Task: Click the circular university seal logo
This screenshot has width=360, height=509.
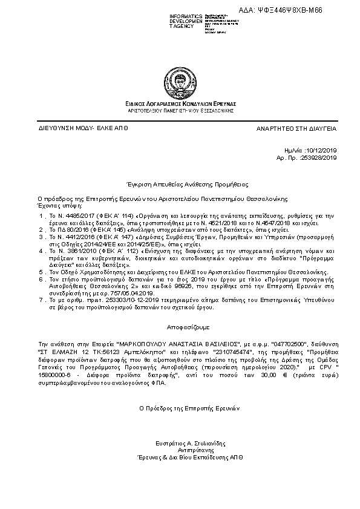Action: coord(180,80)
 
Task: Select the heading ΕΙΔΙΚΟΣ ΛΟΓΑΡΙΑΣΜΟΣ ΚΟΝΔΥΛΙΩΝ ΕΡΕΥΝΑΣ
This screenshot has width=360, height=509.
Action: coord(180,104)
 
